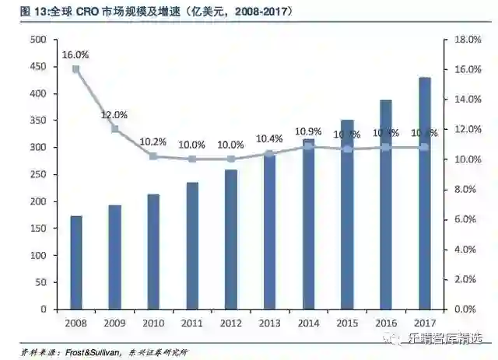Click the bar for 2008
click(x=76, y=262)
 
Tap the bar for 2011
click(x=192, y=246)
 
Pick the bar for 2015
click(x=348, y=214)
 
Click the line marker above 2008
click(x=76, y=69)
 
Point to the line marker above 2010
click(x=153, y=156)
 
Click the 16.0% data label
click(x=76, y=55)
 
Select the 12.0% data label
click(x=115, y=115)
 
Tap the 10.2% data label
click(x=153, y=142)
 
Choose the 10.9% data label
click(x=309, y=131)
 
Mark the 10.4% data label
click(x=270, y=138)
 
